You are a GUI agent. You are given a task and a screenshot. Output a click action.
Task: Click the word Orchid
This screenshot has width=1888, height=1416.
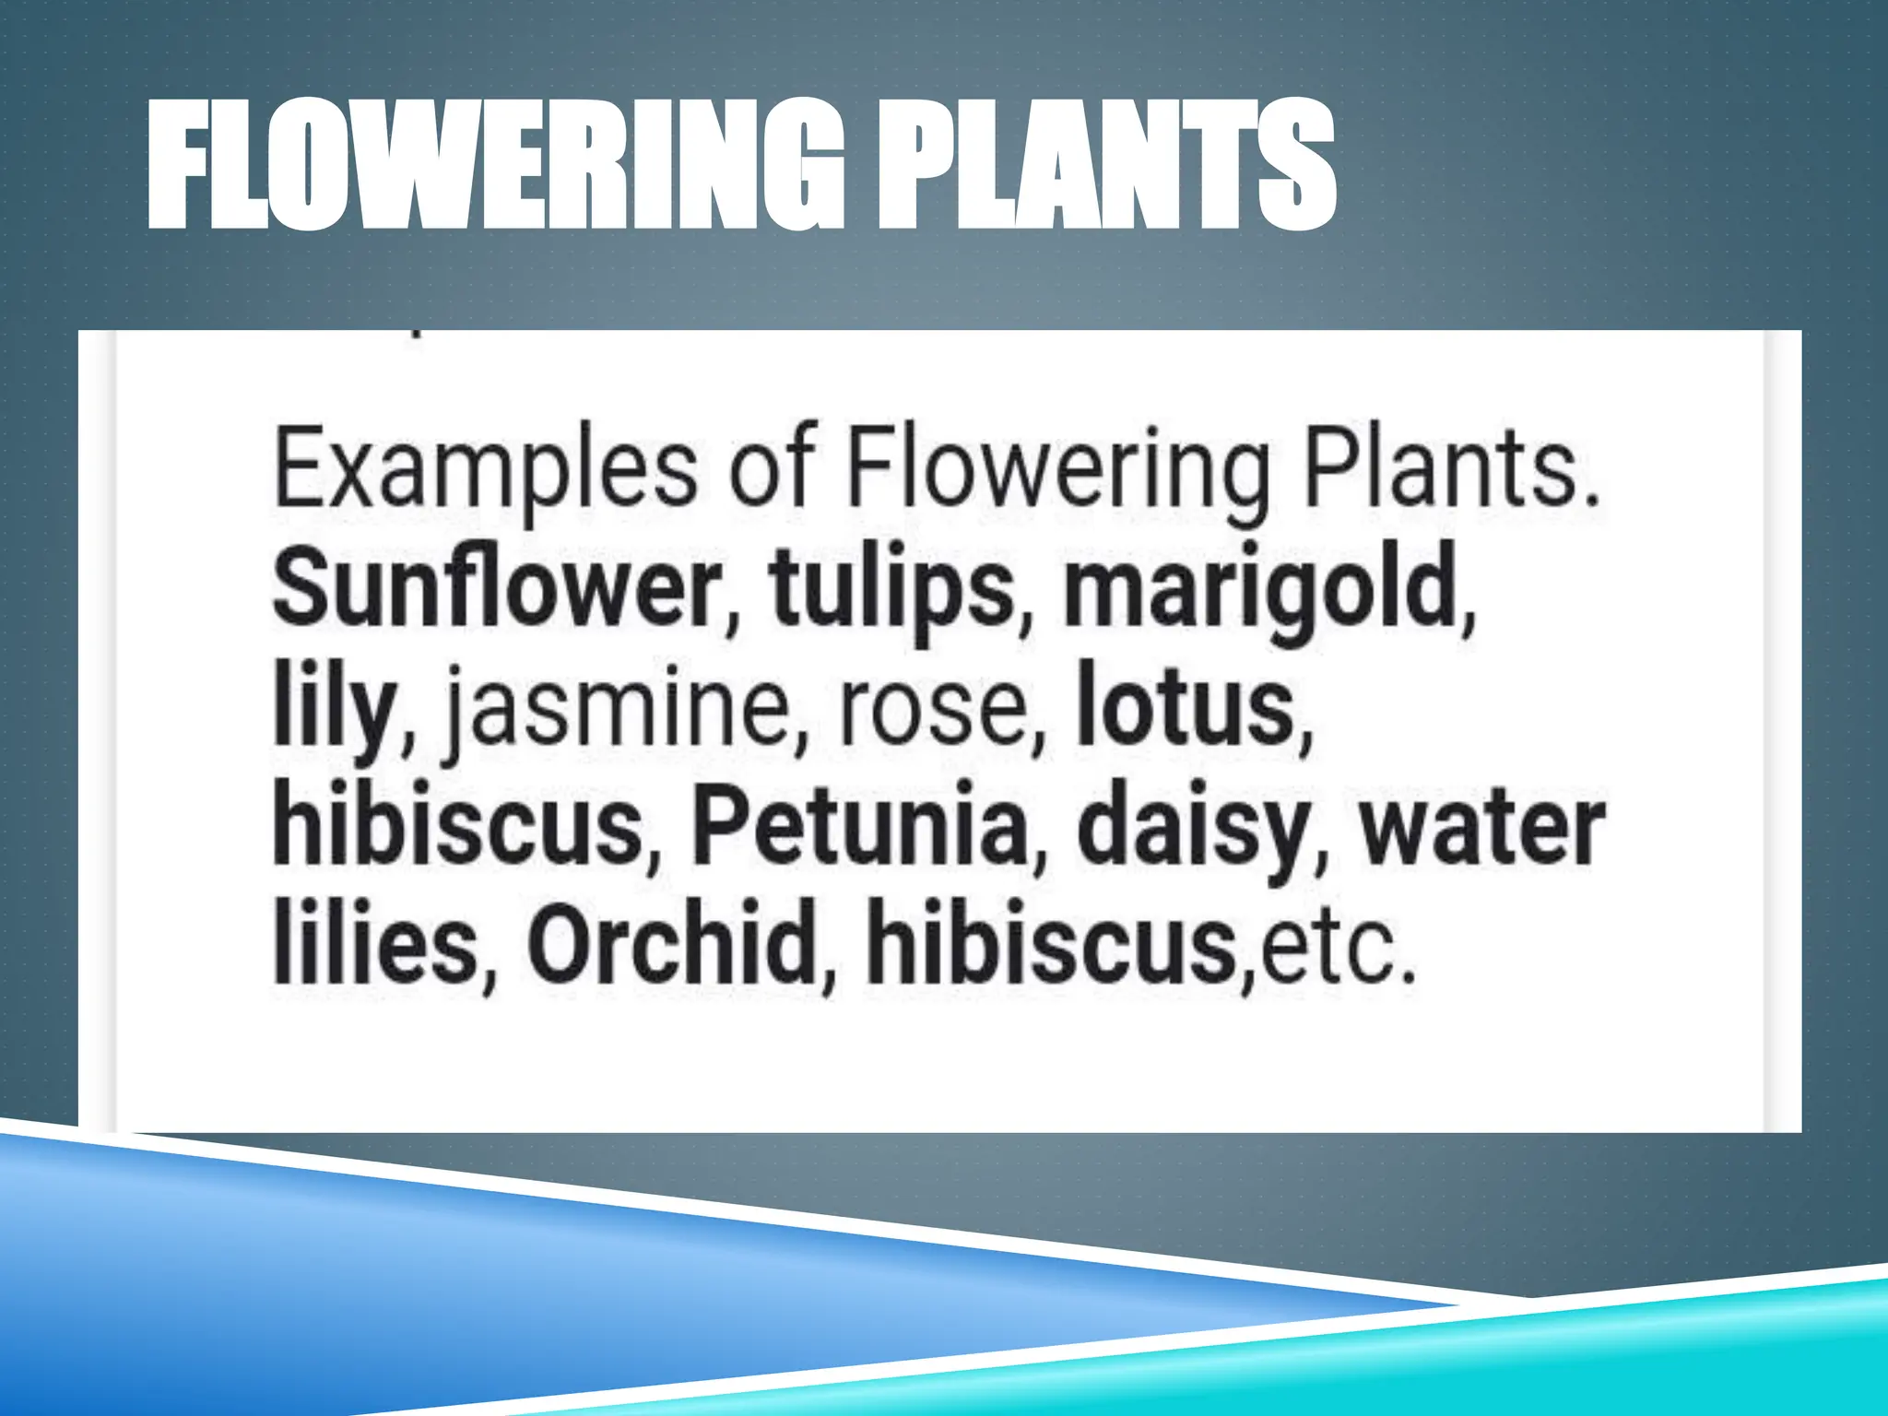point(672,945)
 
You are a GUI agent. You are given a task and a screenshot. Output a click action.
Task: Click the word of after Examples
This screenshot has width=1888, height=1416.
point(771,471)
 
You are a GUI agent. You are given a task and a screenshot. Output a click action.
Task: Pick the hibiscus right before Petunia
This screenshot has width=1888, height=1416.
point(457,826)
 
